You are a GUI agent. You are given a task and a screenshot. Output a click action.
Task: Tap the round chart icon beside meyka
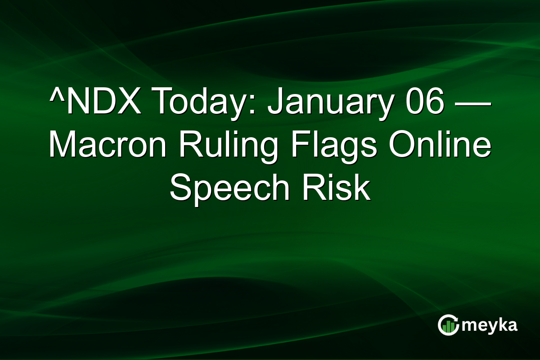[x=448, y=325]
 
